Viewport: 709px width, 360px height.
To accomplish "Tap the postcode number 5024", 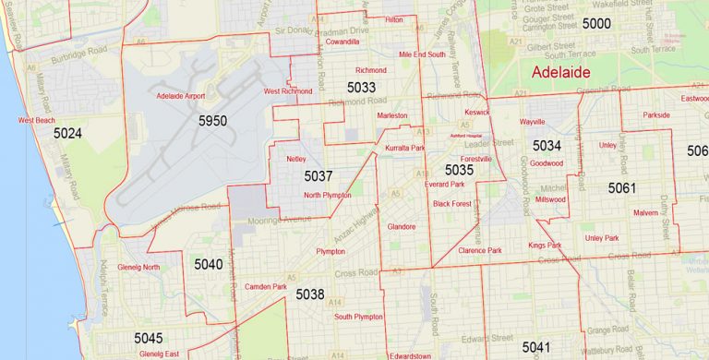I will [67, 134].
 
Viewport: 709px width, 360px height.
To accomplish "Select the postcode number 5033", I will [361, 88].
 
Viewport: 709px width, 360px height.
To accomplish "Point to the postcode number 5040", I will [208, 264].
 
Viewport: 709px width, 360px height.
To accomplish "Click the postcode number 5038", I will [310, 294].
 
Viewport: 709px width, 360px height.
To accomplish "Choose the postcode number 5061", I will [622, 188].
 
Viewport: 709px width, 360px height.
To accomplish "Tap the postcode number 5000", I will [596, 23].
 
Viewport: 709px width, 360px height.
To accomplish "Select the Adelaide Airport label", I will [181, 95].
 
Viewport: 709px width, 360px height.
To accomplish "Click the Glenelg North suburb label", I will [138, 268].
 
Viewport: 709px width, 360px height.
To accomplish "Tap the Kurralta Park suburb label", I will [404, 148].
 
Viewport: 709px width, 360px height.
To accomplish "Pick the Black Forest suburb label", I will [452, 203].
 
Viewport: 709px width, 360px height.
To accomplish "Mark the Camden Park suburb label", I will [267, 287].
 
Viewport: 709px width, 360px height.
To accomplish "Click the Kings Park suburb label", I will [545, 245].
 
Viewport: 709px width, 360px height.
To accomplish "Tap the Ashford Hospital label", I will [466, 136].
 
